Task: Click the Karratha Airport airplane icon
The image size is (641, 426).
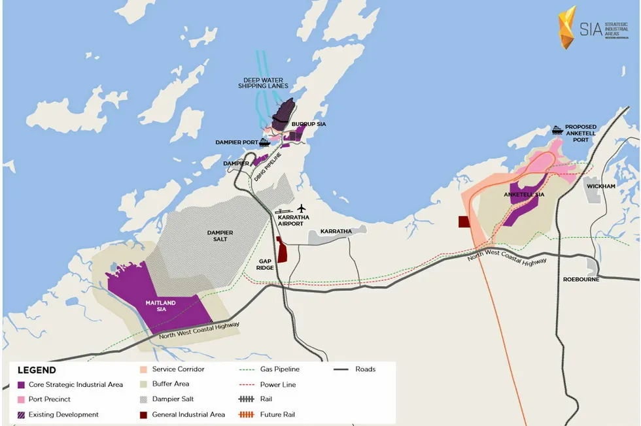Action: pyautogui.click(x=302, y=208)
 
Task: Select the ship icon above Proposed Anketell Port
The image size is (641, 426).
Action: pyautogui.click(x=557, y=129)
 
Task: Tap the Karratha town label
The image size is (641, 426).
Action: pyautogui.click(x=336, y=231)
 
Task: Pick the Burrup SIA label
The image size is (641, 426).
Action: pyautogui.click(x=309, y=123)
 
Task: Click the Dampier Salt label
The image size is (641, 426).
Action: pyautogui.click(x=220, y=236)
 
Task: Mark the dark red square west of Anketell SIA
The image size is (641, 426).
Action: pyautogui.click(x=464, y=222)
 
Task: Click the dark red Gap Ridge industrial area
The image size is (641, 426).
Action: pyautogui.click(x=282, y=250)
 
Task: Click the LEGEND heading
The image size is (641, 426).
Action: pyautogui.click(x=36, y=370)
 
